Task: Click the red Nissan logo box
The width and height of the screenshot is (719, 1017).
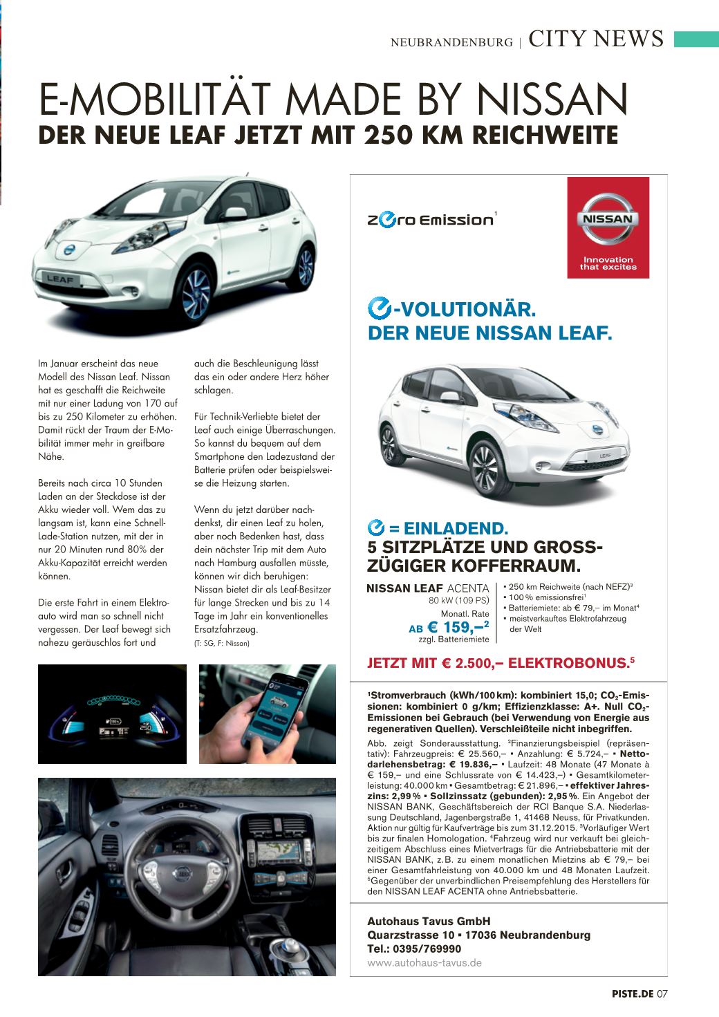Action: [x=608, y=227]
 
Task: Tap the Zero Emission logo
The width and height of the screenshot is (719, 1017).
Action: [x=430, y=219]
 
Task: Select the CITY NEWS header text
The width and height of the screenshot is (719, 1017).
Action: [x=596, y=39]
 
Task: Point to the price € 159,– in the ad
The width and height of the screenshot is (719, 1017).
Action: [x=458, y=628]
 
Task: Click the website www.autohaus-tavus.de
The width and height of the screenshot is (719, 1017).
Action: [x=424, y=962]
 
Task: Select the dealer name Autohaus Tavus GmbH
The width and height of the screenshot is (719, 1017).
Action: [x=429, y=921]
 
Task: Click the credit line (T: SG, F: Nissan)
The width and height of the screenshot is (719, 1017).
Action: [x=222, y=643]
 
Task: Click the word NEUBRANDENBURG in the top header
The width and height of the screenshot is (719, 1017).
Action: [x=451, y=42]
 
